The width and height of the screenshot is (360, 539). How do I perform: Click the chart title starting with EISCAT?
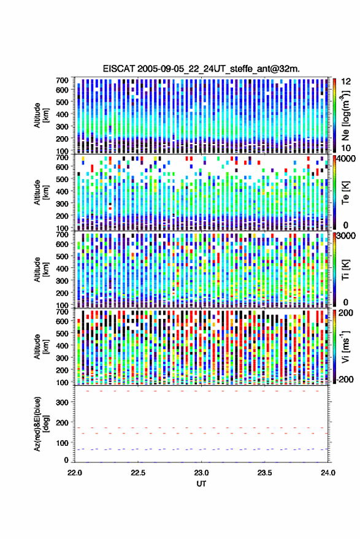(201, 69)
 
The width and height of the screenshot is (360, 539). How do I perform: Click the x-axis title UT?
(201, 484)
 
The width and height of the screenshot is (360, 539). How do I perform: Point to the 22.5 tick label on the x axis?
(138, 473)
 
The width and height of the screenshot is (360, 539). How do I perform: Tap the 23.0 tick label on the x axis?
(201, 473)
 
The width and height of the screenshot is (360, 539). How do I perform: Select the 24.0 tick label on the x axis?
(327, 473)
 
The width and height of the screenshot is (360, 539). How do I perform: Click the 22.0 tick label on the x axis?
(75, 473)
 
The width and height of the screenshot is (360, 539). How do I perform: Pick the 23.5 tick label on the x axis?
(264, 473)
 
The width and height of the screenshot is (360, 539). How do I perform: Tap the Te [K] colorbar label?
(345, 193)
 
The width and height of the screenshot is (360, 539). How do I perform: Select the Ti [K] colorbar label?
(345, 270)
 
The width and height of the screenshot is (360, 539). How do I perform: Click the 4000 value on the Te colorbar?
(345, 159)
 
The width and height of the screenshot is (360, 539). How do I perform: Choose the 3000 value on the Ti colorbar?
(345, 236)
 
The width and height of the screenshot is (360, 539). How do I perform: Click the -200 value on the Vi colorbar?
(343, 380)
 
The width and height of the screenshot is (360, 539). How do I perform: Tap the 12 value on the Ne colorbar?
(346, 82)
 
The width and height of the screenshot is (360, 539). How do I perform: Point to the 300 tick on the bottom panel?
(62, 402)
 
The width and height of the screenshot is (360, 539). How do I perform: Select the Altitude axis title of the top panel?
(41, 115)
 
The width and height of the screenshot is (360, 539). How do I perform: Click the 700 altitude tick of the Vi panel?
(62, 312)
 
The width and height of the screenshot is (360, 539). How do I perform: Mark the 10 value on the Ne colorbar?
(346, 148)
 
